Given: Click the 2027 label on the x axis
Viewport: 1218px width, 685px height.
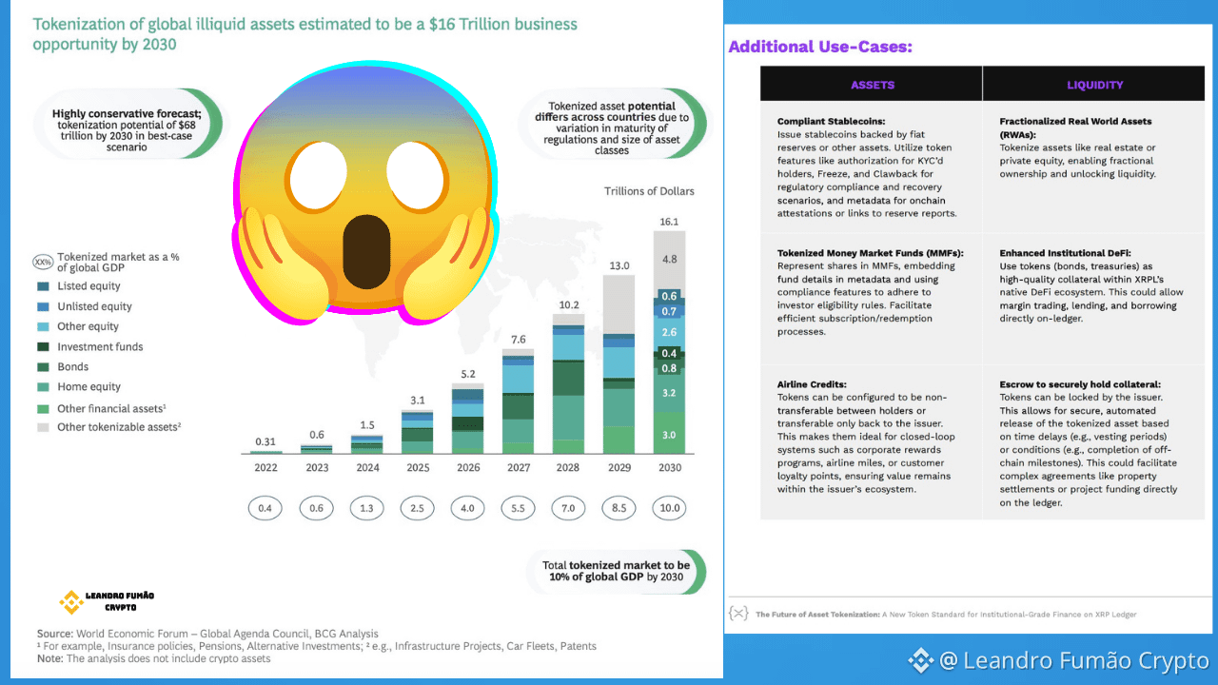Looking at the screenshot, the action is (519, 467).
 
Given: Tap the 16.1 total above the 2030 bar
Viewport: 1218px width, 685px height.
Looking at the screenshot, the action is (669, 222).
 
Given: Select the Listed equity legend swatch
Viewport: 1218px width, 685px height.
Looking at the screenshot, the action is (43, 286).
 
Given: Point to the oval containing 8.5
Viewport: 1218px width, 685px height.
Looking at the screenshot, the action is (619, 508).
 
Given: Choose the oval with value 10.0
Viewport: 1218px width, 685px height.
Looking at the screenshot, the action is (669, 508).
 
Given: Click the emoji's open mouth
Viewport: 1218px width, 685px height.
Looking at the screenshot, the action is (367, 251).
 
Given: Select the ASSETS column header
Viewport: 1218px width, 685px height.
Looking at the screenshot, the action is (873, 85).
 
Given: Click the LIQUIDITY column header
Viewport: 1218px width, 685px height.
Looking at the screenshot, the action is (1094, 85).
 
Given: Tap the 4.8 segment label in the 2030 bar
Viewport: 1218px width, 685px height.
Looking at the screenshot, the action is (669, 260).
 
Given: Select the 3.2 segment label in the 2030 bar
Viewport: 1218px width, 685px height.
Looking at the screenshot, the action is (669, 393).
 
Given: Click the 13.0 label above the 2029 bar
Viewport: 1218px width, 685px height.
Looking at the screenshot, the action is (619, 265).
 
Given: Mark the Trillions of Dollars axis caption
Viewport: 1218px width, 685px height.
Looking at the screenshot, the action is (649, 191).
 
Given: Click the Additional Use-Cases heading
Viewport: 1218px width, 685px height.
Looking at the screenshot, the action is (820, 47).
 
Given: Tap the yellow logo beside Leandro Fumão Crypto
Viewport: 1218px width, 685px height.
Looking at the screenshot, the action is (71, 602).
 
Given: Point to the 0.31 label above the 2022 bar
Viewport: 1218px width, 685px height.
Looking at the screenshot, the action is (265, 442).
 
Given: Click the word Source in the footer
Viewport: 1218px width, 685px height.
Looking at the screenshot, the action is (54, 634).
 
